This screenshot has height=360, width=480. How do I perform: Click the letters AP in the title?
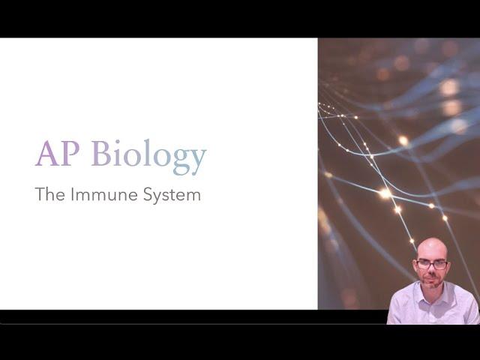pyautogui.click(x=57, y=153)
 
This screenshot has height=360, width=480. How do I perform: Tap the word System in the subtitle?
pyautogui.click(x=172, y=195)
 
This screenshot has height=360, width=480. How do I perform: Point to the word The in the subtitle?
pyautogui.click(x=50, y=194)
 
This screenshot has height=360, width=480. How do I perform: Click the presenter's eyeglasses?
pyautogui.click(x=432, y=265)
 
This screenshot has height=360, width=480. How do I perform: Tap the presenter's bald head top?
pyautogui.click(x=432, y=245)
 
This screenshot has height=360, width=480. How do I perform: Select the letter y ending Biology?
pyautogui.click(x=196, y=161)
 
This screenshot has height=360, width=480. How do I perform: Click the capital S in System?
pyautogui.click(x=148, y=194)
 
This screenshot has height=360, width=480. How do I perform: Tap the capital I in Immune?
pyautogui.click(x=72, y=194)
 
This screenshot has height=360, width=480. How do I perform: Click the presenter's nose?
pyautogui.click(x=433, y=269)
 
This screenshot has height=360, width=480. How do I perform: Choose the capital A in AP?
pyautogui.click(x=46, y=153)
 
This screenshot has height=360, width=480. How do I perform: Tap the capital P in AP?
pyautogui.click(x=70, y=153)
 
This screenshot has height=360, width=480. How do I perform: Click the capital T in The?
pyautogui.click(x=40, y=194)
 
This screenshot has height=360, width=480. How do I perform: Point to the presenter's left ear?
pyautogui.click(x=448, y=266)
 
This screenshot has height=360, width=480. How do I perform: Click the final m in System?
pyautogui.click(x=194, y=196)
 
